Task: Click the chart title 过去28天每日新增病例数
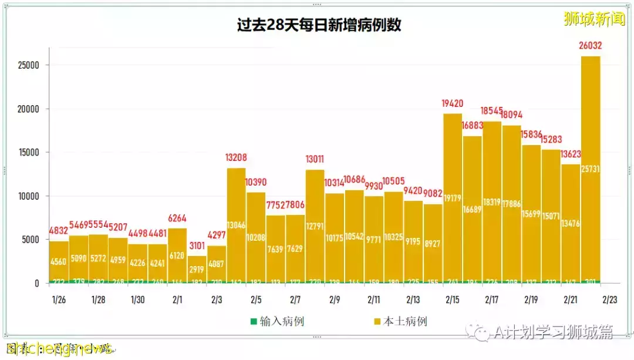tap(318, 25)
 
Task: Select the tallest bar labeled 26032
tap(590, 170)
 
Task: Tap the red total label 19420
tap(453, 104)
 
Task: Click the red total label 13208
tap(237, 158)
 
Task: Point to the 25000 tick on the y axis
tap(27, 65)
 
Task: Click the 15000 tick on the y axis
tap(27, 153)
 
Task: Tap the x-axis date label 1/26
tap(58, 300)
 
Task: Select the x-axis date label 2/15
tap(452, 300)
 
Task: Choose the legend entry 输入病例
tap(277, 321)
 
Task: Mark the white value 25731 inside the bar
tap(590, 170)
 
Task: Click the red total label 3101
tap(197, 245)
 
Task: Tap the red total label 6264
tap(177, 218)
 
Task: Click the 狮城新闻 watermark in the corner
tap(594, 19)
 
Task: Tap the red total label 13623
tap(570, 154)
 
